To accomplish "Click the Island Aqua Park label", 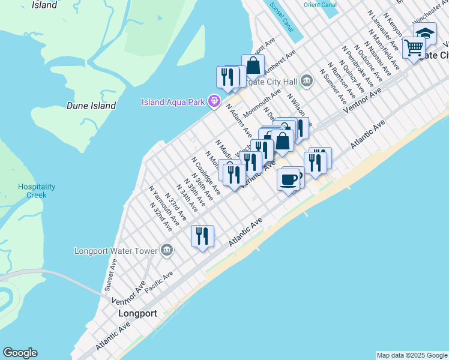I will [x=174, y=101].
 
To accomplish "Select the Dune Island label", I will [x=91, y=106].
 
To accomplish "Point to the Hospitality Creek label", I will [x=37, y=191].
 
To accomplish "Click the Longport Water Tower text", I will [x=116, y=250].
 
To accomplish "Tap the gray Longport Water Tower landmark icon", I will [x=167, y=250].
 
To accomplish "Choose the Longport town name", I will [x=137, y=313].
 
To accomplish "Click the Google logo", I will [x=20, y=353].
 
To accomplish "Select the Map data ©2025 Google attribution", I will [x=412, y=355].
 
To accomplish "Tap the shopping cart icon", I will [x=414, y=47].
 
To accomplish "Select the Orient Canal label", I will [x=320, y=5].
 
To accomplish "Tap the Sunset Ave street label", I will [x=111, y=275].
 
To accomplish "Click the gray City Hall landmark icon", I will [x=307, y=80].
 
